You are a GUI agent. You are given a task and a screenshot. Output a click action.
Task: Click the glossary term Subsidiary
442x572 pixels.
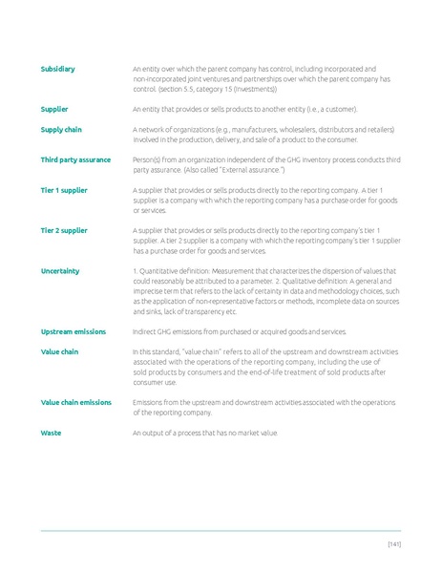57,69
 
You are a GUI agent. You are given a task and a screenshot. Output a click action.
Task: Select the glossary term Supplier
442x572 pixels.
54,109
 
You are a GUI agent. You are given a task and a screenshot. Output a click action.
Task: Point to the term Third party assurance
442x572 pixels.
75,159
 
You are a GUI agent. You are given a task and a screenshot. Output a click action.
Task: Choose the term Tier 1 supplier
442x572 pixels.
64,190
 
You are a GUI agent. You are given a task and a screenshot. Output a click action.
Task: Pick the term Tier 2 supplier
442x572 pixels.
64,230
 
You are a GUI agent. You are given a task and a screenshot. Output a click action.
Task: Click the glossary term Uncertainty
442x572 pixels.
60,271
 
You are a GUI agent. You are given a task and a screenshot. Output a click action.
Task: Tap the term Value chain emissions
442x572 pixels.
75,402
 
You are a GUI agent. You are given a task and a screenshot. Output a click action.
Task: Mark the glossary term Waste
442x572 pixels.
51,433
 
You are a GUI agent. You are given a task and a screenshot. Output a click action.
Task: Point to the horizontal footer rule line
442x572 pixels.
221,531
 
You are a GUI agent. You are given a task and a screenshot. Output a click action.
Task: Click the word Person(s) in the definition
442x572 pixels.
148,159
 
